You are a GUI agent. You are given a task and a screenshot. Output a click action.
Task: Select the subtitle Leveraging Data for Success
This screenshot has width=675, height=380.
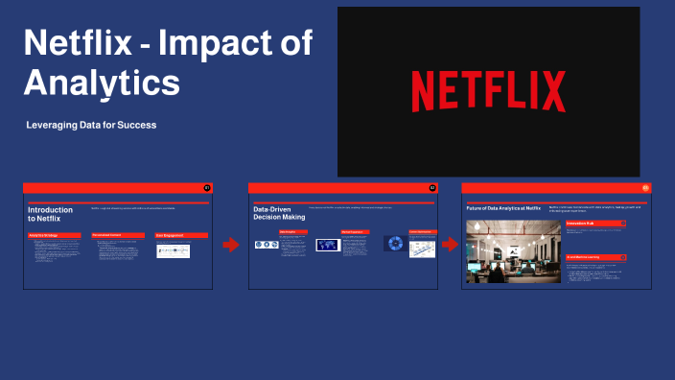click(92, 125)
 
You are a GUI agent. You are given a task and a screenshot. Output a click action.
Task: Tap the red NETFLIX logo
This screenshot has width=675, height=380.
click(488, 92)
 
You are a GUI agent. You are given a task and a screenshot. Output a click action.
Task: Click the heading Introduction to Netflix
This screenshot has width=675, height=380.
click(50, 214)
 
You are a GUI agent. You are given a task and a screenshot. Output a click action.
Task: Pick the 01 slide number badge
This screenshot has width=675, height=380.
click(207, 187)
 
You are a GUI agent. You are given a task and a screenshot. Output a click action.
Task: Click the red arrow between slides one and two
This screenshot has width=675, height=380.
click(230, 245)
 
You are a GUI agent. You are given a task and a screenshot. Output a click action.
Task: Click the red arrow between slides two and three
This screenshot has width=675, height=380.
click(450, 245)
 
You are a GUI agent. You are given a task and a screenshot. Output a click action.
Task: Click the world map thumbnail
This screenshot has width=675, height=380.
click(328, 245)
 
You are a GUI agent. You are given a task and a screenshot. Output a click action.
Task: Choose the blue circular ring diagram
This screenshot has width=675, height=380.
click(394, 244)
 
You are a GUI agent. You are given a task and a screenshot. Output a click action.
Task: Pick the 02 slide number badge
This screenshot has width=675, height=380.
click(432, 187)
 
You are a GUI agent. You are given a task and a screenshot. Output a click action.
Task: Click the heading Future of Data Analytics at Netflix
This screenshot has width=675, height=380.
click(503, 207)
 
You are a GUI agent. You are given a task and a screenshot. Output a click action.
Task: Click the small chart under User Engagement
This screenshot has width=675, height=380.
click(173, 250)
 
